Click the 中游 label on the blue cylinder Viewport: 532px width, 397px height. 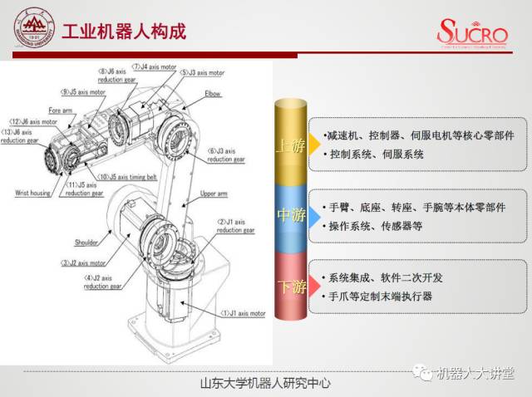coord(291,216)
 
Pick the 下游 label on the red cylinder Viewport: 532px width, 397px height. coord(291,287)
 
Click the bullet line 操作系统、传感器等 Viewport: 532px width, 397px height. coord(371,225)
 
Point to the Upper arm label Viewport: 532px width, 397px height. coord(214,194)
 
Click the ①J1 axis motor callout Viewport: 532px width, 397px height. coord(242,314)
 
